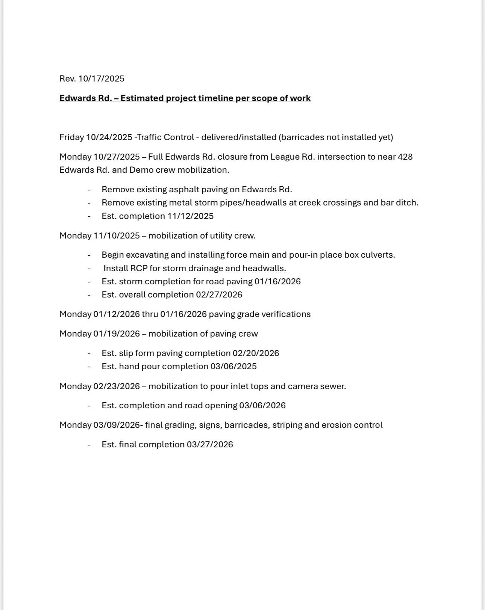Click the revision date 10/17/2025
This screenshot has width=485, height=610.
(x=101, y=79)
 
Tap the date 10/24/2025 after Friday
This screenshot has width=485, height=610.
(x=109, y=137)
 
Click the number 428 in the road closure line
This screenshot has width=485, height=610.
(x=405, y=157)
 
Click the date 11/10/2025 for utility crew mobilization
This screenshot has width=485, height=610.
(x=117, y=236)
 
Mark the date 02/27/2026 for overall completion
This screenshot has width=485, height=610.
(x=219, y=294)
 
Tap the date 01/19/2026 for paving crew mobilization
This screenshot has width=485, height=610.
(x=117, y=334)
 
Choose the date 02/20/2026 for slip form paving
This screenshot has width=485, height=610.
(x=256, y=353)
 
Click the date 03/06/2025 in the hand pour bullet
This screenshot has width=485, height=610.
(x=233, y=366)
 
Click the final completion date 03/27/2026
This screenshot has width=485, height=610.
(x=210, y=444)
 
